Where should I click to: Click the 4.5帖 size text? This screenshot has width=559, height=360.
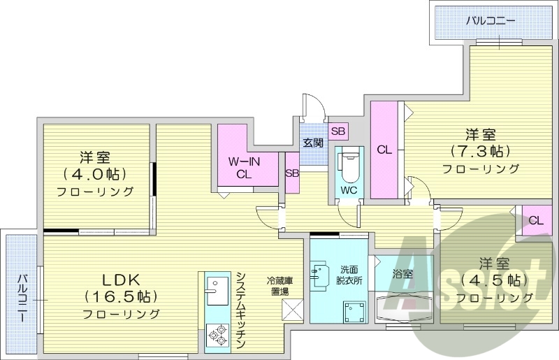[x=493, y=280]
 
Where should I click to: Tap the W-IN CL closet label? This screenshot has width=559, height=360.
[x=244, y=168]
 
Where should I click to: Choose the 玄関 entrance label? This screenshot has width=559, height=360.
[x=312, y=143]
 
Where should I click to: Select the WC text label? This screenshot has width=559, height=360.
[x=349, y=190]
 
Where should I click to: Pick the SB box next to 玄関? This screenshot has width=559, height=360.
[x=338, y=131]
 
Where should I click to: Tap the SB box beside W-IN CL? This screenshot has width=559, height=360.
[x=292, y=172]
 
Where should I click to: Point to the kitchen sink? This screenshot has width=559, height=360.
[x=216, y=291]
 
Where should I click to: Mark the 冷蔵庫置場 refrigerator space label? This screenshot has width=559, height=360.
[x=279, y=286]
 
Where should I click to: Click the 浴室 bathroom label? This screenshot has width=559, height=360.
[x=402, y=273]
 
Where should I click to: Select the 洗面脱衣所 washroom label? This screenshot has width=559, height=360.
[x=349, y=274]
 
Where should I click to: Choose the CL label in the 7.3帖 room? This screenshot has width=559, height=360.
[x=384, y=150]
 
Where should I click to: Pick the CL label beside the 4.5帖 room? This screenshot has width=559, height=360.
[x=536, y=221]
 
